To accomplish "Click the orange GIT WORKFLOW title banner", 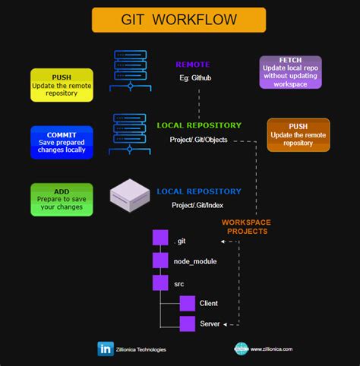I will [178, 20].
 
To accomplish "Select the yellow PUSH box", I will [62, 85].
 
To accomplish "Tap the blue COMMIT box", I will [62, 142].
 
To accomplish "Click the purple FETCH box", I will [290, 72].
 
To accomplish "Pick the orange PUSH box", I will [298, 134].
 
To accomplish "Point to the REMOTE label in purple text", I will [193, 65].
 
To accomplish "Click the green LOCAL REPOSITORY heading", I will [199, 125].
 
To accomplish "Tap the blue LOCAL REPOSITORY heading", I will [199, 191].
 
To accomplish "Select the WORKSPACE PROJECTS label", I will [246, 226].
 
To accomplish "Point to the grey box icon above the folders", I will [132, 194].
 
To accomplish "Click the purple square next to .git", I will [159, 237].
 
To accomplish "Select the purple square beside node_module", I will [159, 260].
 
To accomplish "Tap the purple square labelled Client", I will [188, 303].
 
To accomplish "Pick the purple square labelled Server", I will [188, 324].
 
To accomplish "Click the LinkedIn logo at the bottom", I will [106, 349].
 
